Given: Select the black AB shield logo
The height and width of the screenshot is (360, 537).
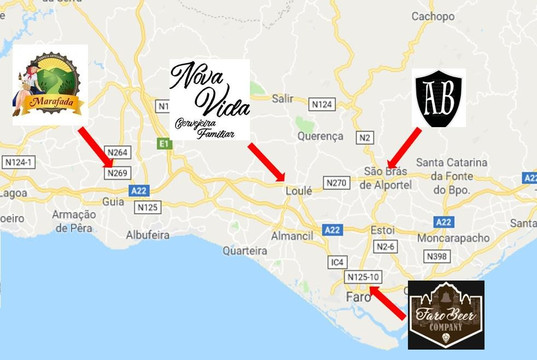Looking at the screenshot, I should (440, 98).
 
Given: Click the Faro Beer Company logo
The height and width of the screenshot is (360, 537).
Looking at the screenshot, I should (447, 314).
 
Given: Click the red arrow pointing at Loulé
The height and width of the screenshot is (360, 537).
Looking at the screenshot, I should (267, 162).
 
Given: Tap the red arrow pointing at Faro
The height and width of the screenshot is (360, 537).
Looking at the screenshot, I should (388, 302).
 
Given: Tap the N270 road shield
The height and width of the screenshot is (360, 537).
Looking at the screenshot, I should (337, 182).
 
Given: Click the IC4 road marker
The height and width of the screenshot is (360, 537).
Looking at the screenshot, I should (338, 262).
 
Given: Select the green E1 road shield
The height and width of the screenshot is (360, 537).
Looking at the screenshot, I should (164, 144).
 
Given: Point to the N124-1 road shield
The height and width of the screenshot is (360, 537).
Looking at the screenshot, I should (20, 162).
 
